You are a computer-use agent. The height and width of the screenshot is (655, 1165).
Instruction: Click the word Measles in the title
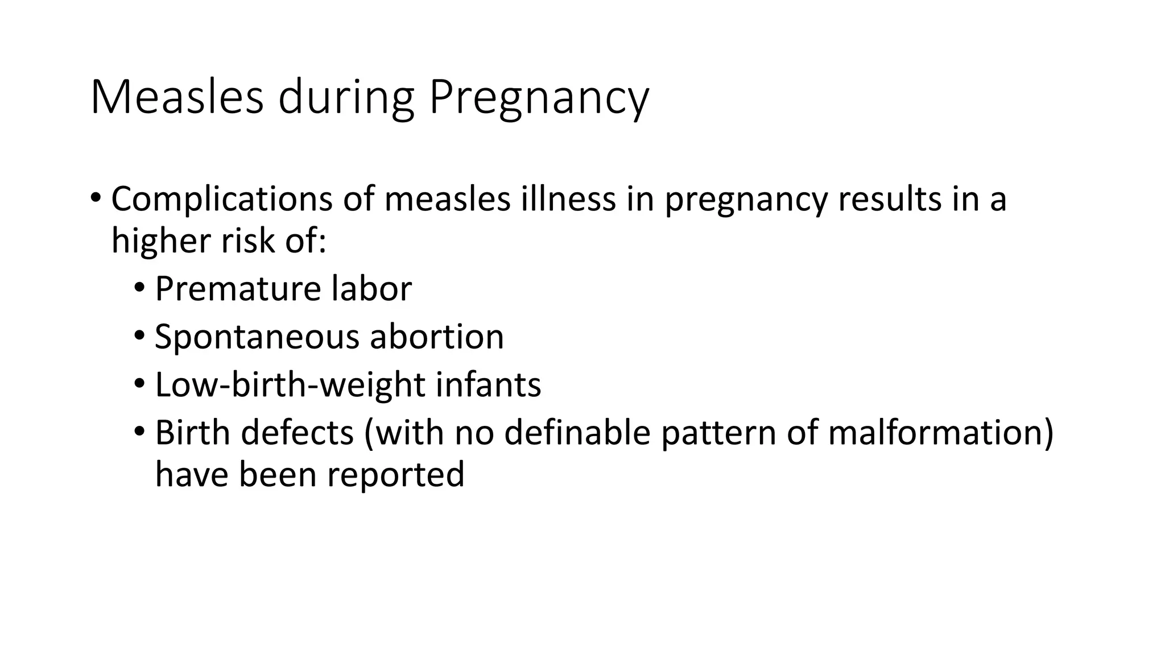tap(176, 98)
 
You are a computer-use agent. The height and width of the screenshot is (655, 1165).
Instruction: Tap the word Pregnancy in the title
tap(538, 98)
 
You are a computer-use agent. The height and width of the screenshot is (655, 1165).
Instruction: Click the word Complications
tap(221, 200)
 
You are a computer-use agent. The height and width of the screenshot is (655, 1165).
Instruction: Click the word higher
tap(161, 241)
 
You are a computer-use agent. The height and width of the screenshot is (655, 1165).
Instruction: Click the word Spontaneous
tap(257, 337)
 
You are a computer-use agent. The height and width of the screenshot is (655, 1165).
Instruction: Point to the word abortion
tap(437, 337)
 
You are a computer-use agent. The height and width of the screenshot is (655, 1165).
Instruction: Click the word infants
tap(488, 385)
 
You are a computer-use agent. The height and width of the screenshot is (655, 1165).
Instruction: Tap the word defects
tap(297, 433)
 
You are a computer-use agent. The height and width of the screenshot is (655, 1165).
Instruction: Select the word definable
tap(577, 433)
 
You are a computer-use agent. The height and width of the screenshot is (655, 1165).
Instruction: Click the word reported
tap(395, 475)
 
